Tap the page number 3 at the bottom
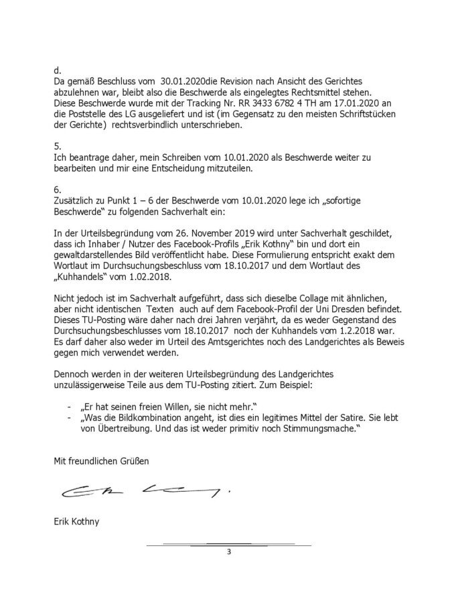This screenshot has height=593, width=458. (229, 551)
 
